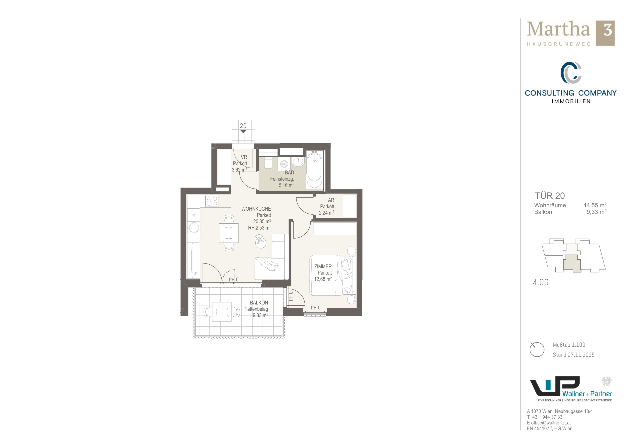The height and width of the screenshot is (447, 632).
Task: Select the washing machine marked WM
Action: click(284, 164)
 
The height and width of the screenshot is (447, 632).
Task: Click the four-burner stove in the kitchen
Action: click(212, 201)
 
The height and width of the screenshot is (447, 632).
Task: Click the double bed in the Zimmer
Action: click(332, 275)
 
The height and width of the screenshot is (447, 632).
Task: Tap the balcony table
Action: click(222, 312)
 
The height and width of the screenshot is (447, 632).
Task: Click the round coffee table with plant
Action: click(260, 241)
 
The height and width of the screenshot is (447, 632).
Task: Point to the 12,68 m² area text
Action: click(323, 279)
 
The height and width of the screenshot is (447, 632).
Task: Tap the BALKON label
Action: click(259, 303)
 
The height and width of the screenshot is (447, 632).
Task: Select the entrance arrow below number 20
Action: click(243, 131)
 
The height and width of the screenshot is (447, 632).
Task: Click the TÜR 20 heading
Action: click(550, 196)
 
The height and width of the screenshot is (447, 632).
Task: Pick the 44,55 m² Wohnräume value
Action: click(595, 205)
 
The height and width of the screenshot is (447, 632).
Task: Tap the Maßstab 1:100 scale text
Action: click(569, 345)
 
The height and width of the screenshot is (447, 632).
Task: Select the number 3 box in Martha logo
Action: click(605, 33)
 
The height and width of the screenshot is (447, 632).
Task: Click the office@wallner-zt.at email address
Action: click(551, 423)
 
